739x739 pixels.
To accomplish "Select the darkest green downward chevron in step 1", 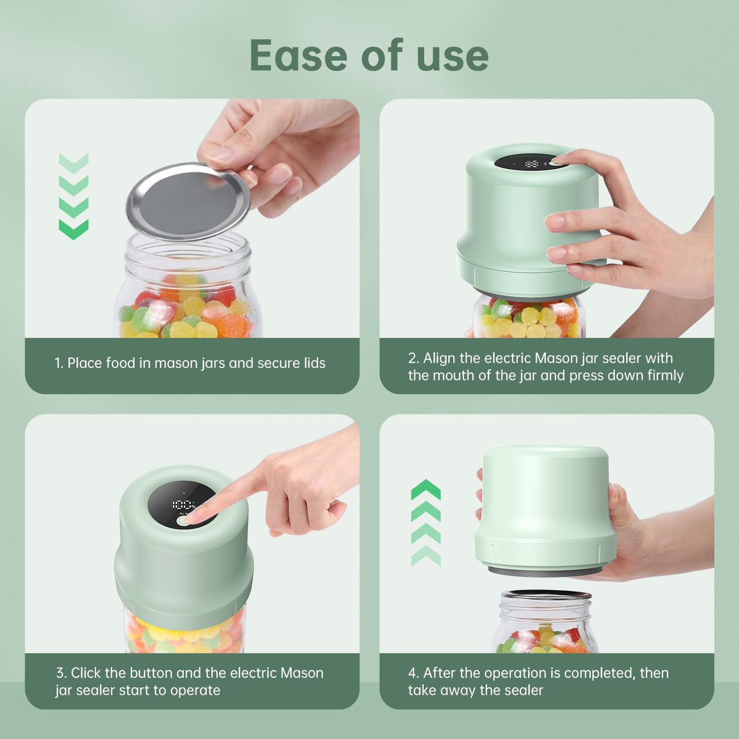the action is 73,230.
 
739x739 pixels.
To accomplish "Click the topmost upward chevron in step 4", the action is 426,490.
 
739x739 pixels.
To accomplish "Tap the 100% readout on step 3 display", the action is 183,504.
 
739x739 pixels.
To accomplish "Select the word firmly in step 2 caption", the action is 665,375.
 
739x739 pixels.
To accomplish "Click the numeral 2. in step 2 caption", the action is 413,358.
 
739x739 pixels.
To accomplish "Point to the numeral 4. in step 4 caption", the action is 413,673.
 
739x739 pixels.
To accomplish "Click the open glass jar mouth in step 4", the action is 546,596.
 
